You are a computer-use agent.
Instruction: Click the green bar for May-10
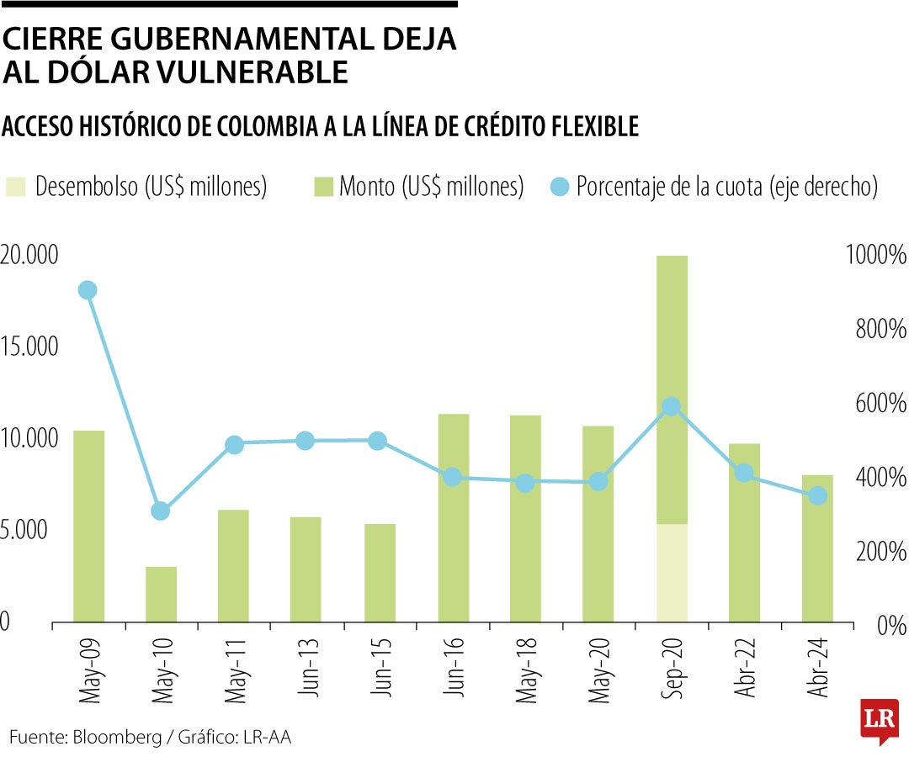[161, 595]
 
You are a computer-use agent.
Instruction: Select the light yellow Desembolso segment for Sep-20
[672, 573]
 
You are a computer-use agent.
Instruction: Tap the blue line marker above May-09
[88, 290]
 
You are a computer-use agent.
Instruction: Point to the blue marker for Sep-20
[672, 407]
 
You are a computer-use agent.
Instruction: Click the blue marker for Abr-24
[817, 496]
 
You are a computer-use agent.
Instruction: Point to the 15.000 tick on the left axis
[29, 347]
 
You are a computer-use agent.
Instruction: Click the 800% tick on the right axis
[880, 329]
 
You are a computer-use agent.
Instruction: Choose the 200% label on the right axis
[880, 552]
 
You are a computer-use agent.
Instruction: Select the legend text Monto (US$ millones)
[432, 187]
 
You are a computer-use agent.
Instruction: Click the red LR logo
[878, 719]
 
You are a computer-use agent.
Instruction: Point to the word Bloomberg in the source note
[117, 738]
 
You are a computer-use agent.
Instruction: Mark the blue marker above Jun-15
[378, 441]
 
